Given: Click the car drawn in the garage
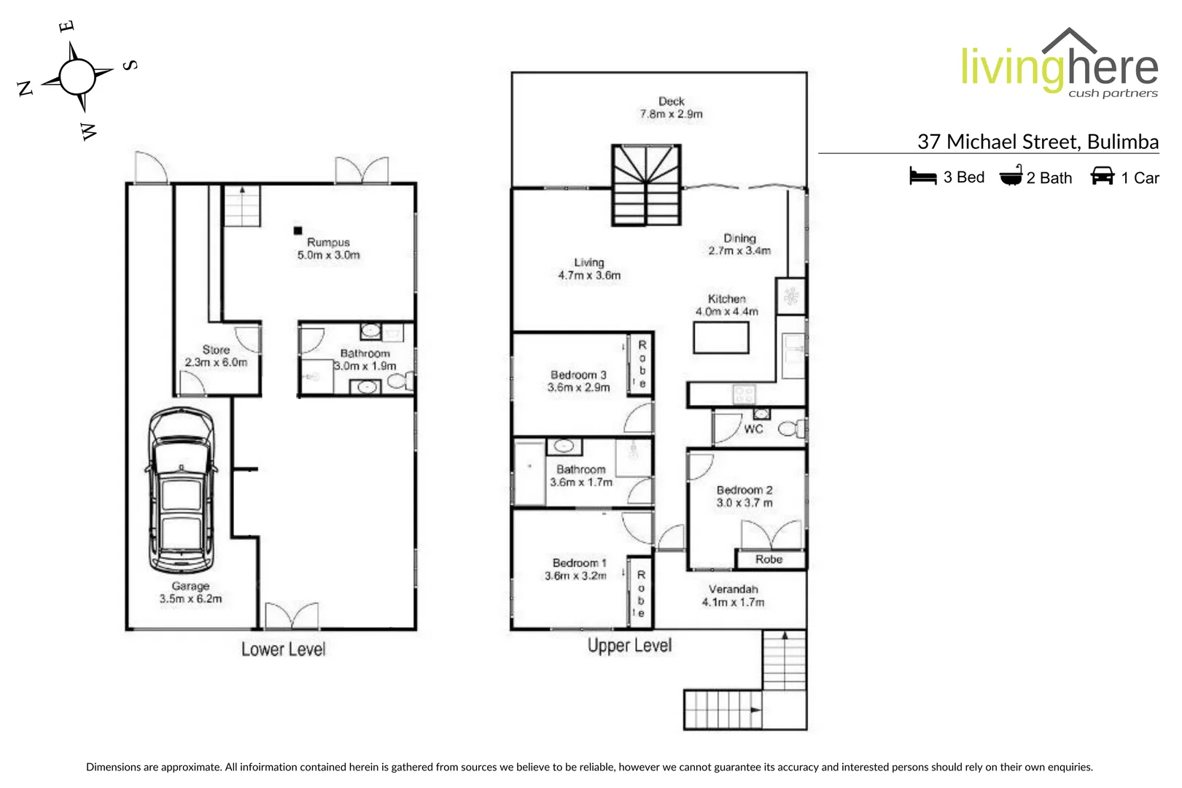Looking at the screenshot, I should [182, 490].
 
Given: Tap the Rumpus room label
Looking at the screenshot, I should [328, 242].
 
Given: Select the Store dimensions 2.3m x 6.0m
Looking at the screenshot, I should [216, 363].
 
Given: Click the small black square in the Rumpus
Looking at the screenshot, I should [298, 231].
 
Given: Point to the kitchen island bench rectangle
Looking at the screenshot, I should [720, 338].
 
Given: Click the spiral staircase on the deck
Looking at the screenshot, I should [646, 185].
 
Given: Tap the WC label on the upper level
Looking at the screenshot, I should [753, 429].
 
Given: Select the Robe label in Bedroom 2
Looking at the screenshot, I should [769, 560].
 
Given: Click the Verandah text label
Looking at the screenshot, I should [733, 590].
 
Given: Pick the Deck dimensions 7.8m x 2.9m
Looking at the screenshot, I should [671, 115].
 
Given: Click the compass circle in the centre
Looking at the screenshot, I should [77, 77].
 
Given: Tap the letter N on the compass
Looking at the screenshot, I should [26, 89].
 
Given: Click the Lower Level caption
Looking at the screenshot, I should [283, 649].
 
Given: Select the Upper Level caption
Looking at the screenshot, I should [629, 646].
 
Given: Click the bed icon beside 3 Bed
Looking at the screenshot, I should [922, 177].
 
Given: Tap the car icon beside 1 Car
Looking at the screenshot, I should [1102, 176].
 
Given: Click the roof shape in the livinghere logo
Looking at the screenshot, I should [1069, 40].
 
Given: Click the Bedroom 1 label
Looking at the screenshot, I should [579, 563].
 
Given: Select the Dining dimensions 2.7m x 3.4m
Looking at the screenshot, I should [739, 251].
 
